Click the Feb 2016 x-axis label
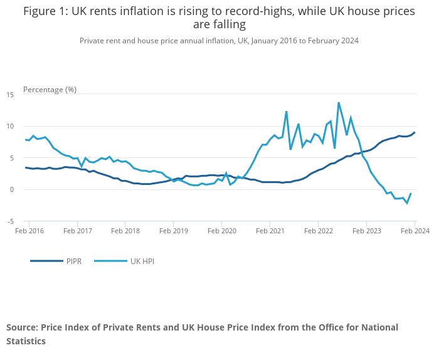tap(29, 231)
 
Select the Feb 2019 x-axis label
tap(173, 231)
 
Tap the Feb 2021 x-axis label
tap(270, 231)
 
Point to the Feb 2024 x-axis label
tap(415, 231)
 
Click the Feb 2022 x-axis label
tap(318, 231)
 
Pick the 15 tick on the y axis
tap(10, 95)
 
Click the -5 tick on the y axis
tap(10, 221)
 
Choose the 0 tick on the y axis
tap(12, 189)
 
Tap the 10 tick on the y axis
tap(10, 126)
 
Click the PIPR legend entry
tap(74, 261)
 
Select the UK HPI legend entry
tap(142, 261)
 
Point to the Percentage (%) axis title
tap(50, 89)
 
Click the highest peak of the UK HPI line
tap(339, 102)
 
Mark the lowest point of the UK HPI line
tap(407, 203)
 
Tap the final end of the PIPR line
tap(415, 132)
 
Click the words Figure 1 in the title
tap(45, 11)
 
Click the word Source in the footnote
tap(21, 327)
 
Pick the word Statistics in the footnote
tap(26, 341)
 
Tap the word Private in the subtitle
tap(93, 40)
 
